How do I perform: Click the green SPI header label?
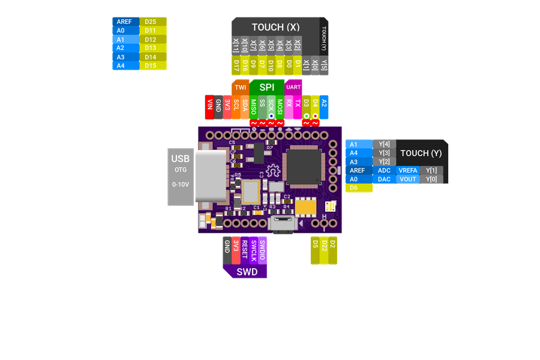tap(266, 87)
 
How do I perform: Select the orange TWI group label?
tap(240, 87)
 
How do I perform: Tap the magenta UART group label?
tap(293, 87)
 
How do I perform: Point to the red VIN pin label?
tap(209, 104)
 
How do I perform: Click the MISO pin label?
tap(254, 107)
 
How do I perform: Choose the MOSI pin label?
tap(280, 107)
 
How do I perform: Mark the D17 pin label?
tap(236, 64)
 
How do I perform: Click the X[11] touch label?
tap(236, 45)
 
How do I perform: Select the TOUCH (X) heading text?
tap(275, 28)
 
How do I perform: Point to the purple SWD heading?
tap(246, 272)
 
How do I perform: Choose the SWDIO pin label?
tap(262, 250)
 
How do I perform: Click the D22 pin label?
tap(324, 251)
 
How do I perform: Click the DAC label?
tap(384, 179)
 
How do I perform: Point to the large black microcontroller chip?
tap(306, 164)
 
